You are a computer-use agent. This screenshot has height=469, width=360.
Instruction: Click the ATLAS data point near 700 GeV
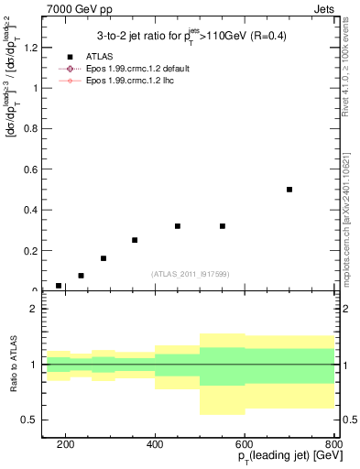(289, 190)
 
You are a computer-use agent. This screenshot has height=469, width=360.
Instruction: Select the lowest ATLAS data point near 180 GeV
(59, 286)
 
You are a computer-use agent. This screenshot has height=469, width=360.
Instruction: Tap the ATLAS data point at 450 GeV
(178, 226)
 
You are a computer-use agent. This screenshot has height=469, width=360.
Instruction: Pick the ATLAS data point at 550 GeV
(223, 226)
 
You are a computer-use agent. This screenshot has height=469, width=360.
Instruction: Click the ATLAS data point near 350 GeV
(135, 240)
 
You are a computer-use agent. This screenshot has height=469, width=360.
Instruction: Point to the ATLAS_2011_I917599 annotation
(190, 274)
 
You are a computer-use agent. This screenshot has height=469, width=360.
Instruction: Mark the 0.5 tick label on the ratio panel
(31, 420)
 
